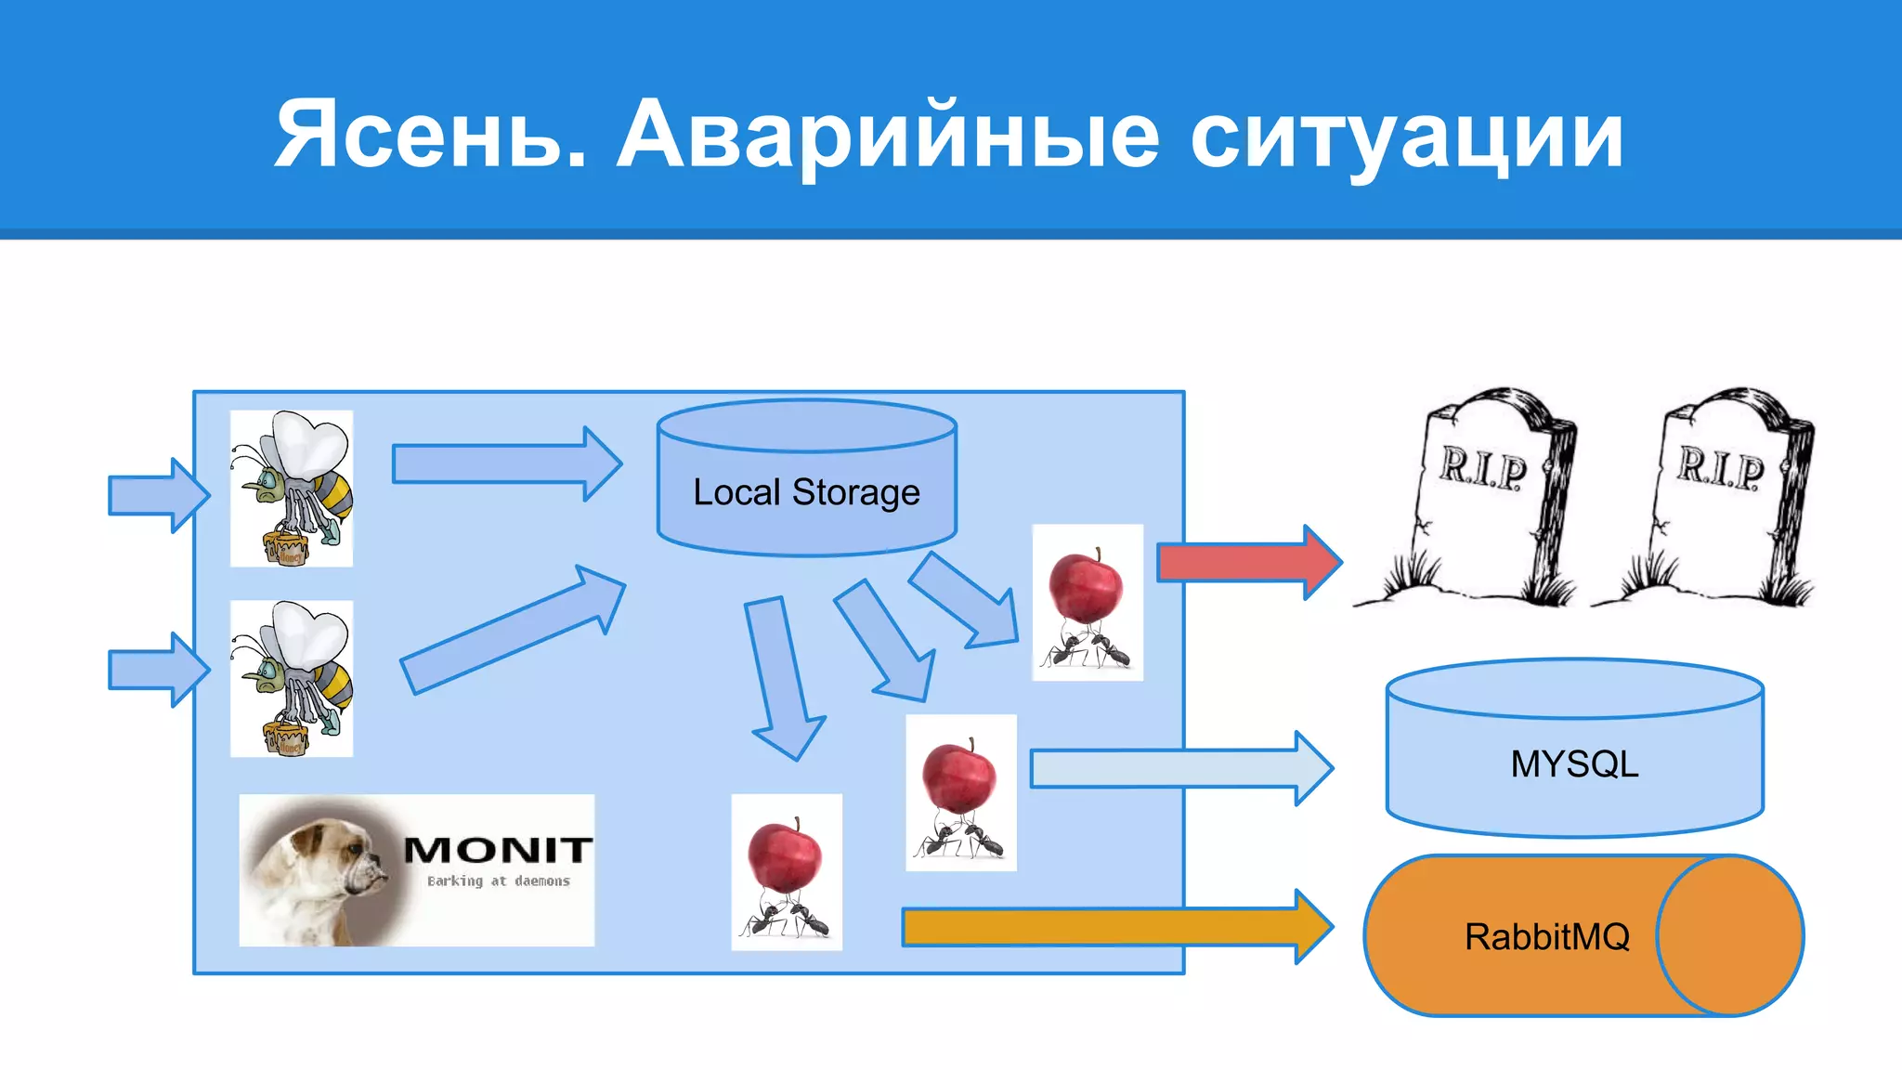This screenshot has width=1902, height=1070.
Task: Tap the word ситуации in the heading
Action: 1406,137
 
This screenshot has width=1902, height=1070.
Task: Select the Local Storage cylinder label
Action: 806,492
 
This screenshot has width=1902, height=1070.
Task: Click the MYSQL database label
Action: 1574,764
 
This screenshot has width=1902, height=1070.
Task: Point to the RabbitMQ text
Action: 1547,936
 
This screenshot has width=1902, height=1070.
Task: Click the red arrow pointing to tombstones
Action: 1244,562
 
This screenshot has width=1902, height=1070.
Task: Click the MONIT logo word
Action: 498,849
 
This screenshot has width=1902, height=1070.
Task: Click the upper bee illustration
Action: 292,489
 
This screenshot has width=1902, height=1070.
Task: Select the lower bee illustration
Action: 292,678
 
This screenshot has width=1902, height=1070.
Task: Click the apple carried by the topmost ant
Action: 1085,586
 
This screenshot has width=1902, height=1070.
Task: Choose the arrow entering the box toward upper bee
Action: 156,495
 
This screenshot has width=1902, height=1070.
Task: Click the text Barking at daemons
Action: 498,881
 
